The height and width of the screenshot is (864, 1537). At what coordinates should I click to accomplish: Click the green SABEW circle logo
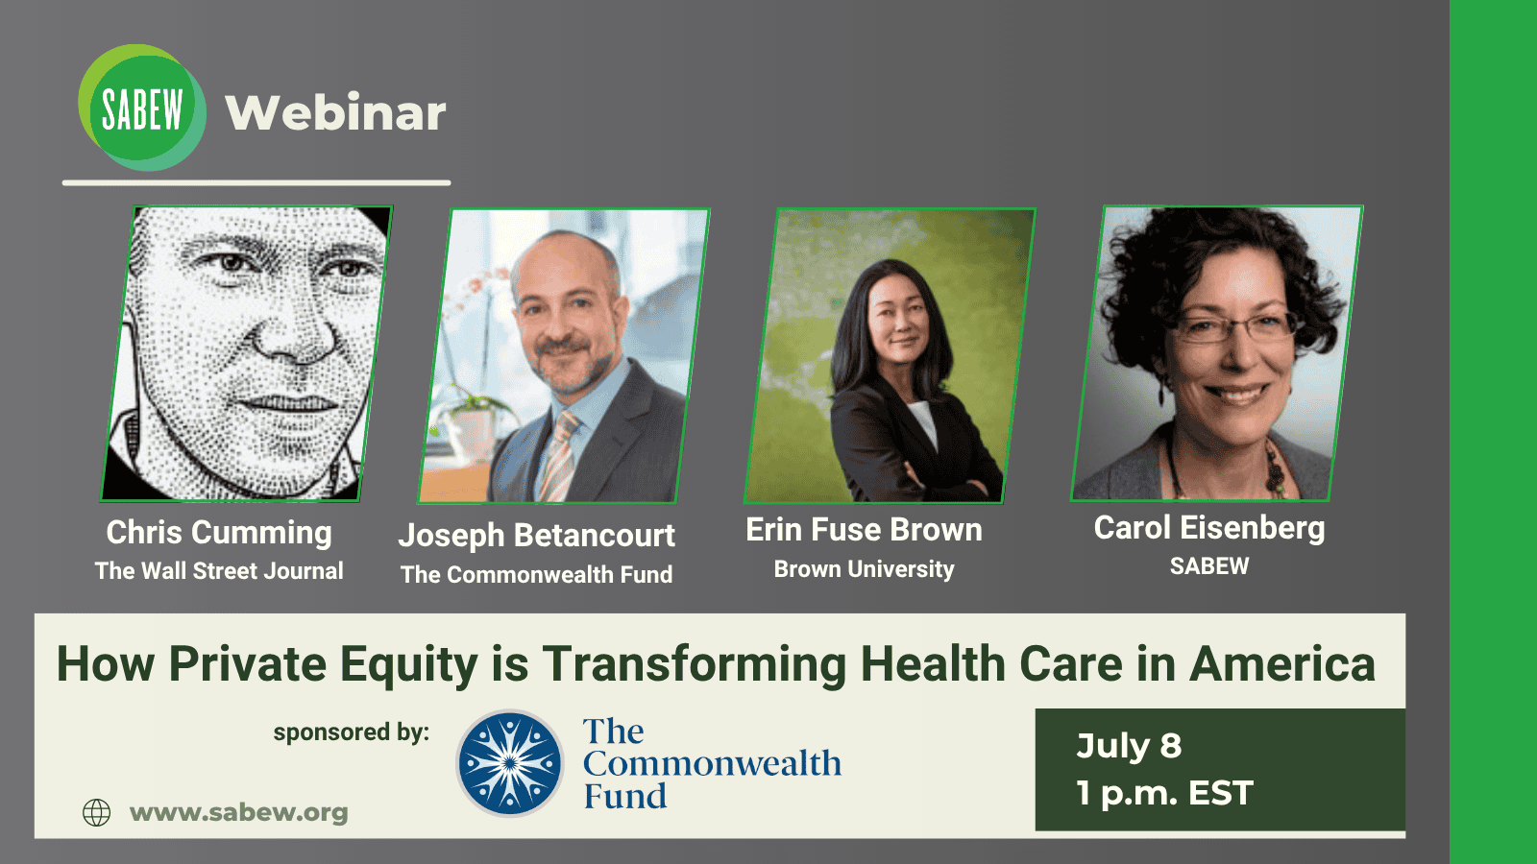pos(141,108)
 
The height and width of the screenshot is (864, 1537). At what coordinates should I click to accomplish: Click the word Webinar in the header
pos(335,112)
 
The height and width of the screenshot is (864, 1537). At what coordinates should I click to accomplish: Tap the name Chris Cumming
pos(219,533)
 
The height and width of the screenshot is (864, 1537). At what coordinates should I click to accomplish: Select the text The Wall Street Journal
pos(219,570)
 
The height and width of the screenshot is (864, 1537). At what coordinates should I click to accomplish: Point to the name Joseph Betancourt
pos(537,536)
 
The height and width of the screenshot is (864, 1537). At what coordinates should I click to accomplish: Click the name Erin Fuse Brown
pos(864,530)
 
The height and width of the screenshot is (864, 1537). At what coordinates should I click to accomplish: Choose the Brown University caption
pos(864,568)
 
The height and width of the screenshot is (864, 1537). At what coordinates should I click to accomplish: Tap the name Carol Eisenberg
pos(1209,528)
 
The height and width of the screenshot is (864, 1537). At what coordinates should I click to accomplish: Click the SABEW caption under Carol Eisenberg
pos(1209,565)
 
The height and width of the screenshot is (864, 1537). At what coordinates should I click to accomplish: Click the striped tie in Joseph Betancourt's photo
pos(560,456)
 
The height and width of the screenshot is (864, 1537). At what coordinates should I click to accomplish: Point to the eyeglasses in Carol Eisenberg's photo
pos(1235,327)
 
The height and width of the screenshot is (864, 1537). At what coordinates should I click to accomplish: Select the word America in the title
pos(1282,664)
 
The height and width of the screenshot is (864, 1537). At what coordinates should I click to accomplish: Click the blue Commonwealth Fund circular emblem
pos(510,763)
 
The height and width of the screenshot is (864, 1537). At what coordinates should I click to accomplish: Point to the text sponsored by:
pos(352,732)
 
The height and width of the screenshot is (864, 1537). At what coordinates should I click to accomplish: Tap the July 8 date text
pos(1129,746)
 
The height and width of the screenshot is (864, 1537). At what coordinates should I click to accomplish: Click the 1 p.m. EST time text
pos(1164,793)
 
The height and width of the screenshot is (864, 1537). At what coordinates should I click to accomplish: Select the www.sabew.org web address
pos(239,812)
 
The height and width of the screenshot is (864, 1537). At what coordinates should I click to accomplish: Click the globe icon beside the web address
pos(96,812)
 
